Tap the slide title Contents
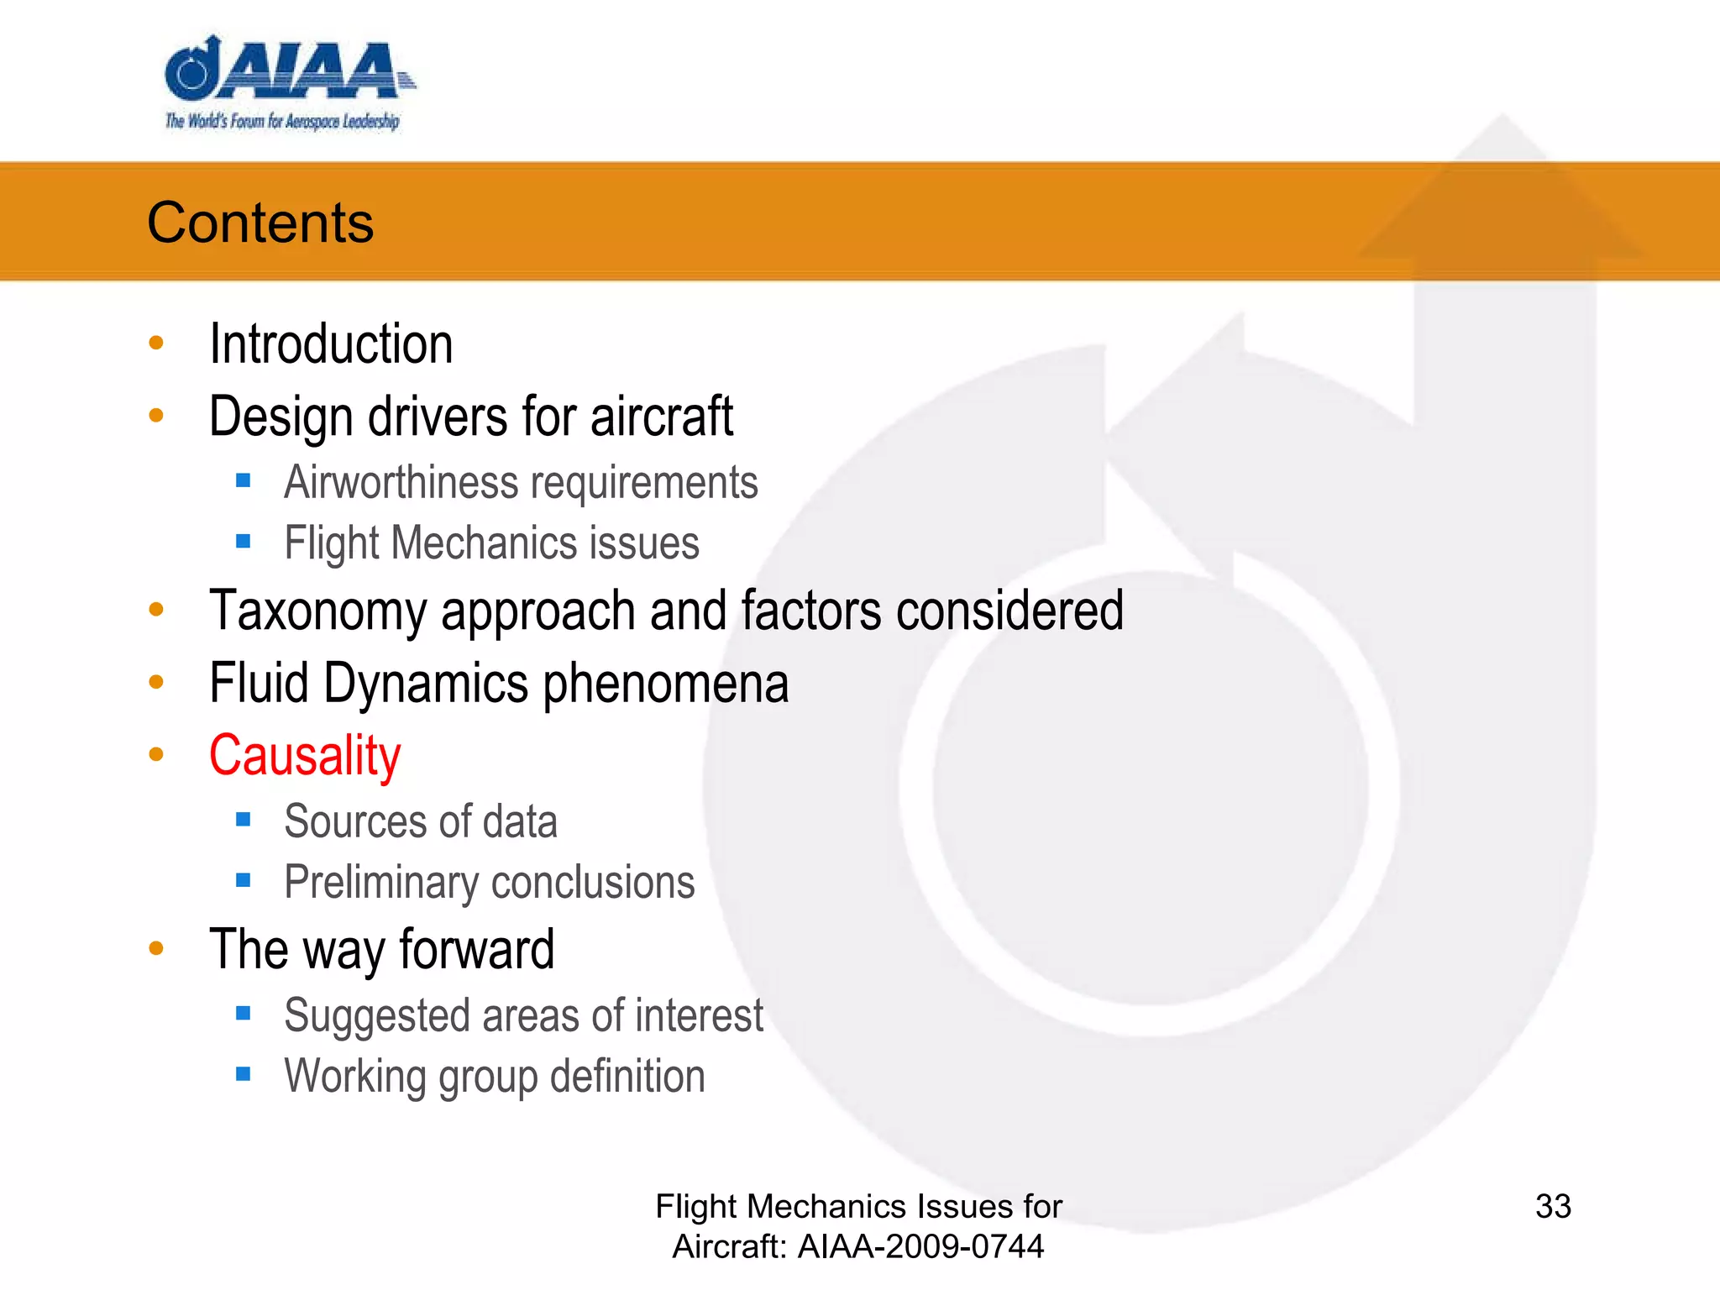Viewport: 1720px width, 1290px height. click(x=260, y=223)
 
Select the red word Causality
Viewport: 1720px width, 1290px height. click(x=305, y=755)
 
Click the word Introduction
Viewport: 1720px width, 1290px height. click(x=331, y=344)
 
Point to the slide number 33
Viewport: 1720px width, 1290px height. click(x=1553, y=1207)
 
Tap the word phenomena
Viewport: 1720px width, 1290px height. click(x=666, y=683)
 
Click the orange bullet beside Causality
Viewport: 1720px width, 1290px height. click(x=156, y=754)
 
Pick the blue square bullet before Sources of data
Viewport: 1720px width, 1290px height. click(x=244, y=820)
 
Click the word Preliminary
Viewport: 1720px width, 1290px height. click(x=381, y=884)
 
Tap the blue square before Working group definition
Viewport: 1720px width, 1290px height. click(x=244, y=1074)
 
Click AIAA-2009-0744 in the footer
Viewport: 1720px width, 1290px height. click(x=920, y=1247)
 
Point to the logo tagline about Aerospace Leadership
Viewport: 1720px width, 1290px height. click(x=282, y=122)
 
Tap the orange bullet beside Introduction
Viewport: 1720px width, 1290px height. click(x=156, y=343)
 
